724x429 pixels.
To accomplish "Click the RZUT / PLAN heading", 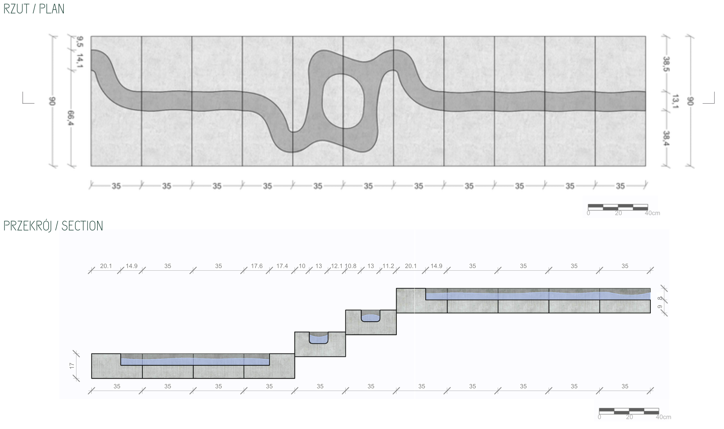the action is [34, 9].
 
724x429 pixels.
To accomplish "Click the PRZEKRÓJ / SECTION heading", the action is [53, 226].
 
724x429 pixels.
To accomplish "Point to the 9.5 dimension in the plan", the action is [80, 42].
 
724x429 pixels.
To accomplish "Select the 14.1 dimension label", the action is [80, 60].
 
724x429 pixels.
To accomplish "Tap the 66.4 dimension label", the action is [71, 118].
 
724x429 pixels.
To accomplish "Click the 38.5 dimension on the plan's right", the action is [666, 64].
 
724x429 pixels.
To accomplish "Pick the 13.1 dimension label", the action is [675, 101].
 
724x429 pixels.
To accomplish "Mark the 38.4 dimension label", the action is [666, 138].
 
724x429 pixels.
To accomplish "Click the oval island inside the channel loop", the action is [343, 101].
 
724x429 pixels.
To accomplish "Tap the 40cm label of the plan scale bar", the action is [652, 213].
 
